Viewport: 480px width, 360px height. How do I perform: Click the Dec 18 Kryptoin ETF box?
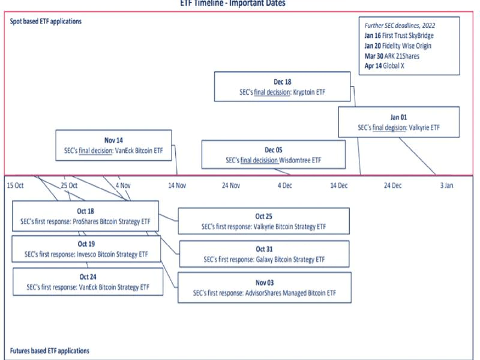(282, 87)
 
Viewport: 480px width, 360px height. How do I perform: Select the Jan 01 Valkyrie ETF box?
(398, 122)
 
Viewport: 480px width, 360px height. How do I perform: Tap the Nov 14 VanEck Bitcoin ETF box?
(113, 145)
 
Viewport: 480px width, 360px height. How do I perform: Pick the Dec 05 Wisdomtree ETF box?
(273, 155)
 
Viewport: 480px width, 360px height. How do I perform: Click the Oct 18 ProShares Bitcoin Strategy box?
(86, 216)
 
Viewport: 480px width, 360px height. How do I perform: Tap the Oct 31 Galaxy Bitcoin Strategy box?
(263, 254)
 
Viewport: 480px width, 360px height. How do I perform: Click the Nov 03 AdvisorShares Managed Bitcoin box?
(263, 287)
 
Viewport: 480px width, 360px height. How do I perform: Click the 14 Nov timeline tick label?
(177, 186)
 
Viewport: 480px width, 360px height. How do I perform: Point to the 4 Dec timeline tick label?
(284, 186)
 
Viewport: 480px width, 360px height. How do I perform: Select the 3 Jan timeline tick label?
(446, 186)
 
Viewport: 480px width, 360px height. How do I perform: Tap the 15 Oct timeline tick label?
(16, 186)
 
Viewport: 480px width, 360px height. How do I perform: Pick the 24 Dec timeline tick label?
(392, 186)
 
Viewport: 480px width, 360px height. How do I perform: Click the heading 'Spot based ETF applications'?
(46, 22)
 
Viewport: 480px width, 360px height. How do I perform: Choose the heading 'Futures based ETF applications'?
(50, 350)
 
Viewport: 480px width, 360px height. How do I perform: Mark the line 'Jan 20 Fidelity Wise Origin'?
(398, 46)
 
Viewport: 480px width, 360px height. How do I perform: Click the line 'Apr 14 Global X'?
(385, 66)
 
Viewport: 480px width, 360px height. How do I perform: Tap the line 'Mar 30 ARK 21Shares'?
(392, 56)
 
